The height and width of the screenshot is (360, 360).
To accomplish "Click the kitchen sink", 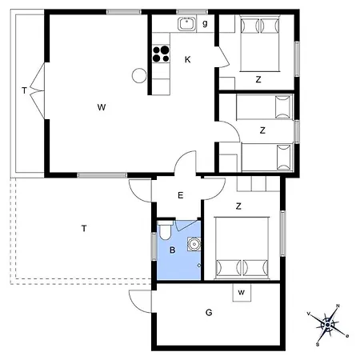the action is (186, 24).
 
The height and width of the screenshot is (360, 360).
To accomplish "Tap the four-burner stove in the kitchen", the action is (161, 54).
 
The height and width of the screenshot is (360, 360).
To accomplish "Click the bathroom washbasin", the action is (194, 244).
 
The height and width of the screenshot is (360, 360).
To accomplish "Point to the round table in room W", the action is (139, 75).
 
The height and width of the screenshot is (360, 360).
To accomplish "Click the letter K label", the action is (187, 59).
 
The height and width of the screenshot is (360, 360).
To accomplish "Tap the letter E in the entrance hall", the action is (180, 195).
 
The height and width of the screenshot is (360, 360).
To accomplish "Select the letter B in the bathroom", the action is (173, 250).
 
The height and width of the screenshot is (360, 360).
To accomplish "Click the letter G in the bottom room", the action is (209, 312).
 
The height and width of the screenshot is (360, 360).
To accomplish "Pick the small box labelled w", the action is (242, 293).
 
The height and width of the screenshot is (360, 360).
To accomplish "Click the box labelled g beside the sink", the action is (205, 24).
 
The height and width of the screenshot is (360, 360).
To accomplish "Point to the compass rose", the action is (328, 325).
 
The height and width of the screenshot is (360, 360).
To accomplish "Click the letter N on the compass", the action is (338, 306).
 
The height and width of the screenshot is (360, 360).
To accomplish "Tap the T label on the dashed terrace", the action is (84, 229).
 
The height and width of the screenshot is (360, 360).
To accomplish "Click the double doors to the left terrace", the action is (38, 90).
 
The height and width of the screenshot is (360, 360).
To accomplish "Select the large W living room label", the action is (102, 107).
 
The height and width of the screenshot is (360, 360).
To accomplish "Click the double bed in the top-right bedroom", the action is (260, 43).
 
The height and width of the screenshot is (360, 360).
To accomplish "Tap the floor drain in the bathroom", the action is (198, 266).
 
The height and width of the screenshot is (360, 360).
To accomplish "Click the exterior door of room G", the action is (141, 302).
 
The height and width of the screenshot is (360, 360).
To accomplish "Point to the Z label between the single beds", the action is (262, 130).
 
